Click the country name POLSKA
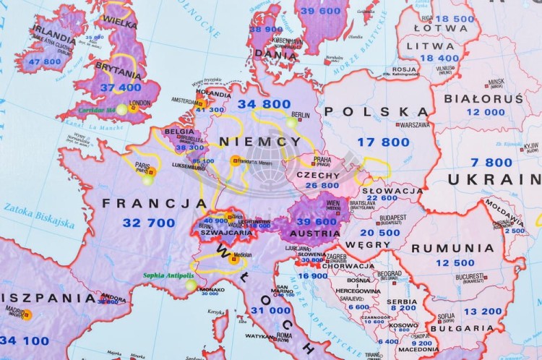pyautogui.click(x=375, y=111)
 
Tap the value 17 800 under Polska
pyautogui.click(x=383, y=142)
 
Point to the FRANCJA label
pyautogui.click(x=145, y=203)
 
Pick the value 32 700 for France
pyautogui.click(x=149, y=223)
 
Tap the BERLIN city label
pyautogui.click(x=300, y=115)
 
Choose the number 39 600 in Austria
pyautogui.click(x=317, y=222)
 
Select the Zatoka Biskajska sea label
pyautogui.click(x=39, y=215)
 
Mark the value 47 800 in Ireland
pyautogui.click(x=45, y=61)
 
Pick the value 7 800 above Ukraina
pyautogui.click(x=491, y=162)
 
